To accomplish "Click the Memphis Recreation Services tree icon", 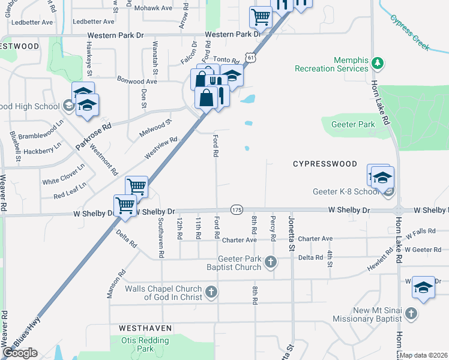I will pos(378,62).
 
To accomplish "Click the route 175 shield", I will pos(237,210).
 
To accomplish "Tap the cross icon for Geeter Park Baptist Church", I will pos(271,261).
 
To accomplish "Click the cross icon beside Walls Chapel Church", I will pos(211,292).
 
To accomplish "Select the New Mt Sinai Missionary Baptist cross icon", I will pos(411,313).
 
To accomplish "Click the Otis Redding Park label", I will pos(137,344).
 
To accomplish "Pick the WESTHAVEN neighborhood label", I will pos(145,329).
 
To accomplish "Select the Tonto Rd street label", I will pos(226,59).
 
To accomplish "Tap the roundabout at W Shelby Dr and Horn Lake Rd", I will pos(399,211).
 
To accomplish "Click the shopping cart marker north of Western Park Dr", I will pos(261,17).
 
